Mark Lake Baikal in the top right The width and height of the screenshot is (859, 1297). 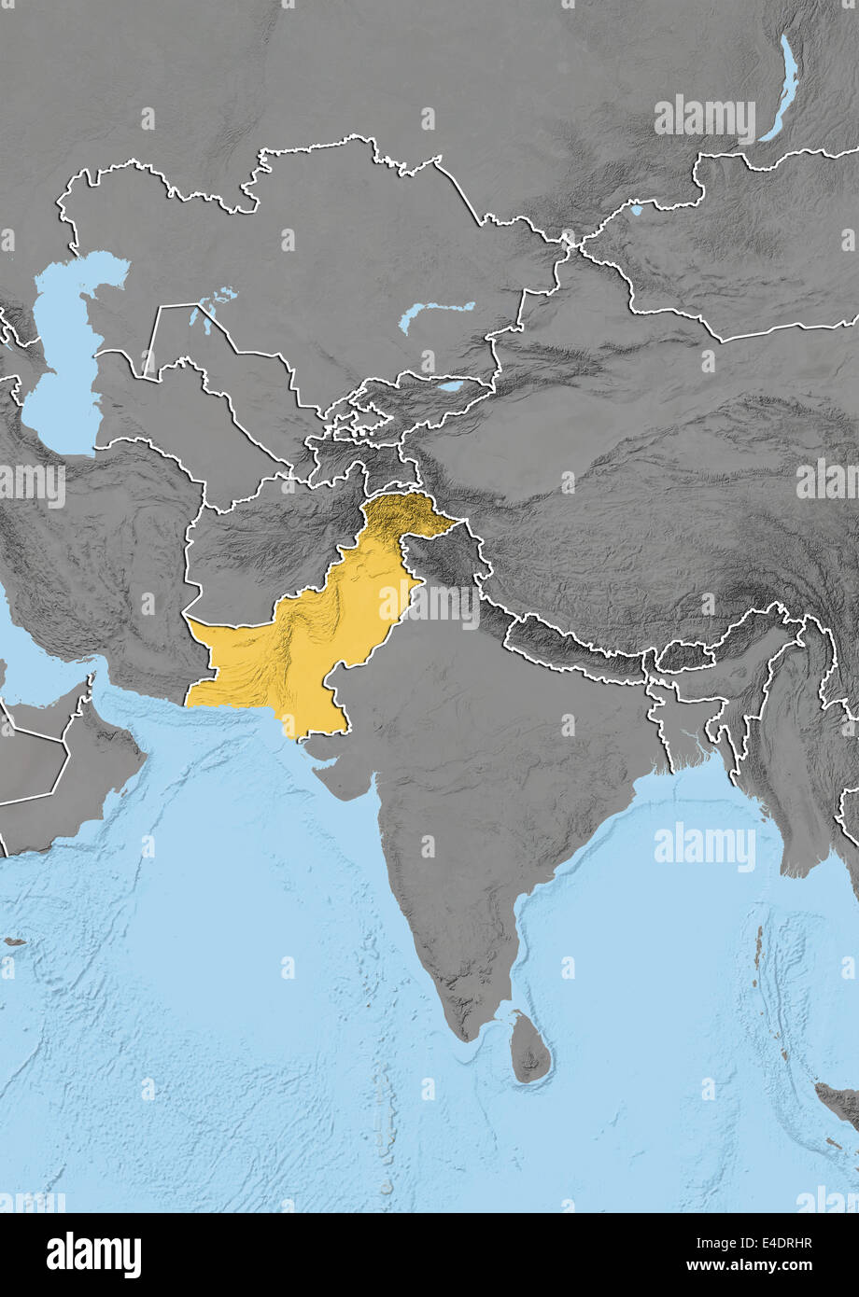(x=782, y=89)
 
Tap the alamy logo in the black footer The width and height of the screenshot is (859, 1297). (x=94, y=1255)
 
